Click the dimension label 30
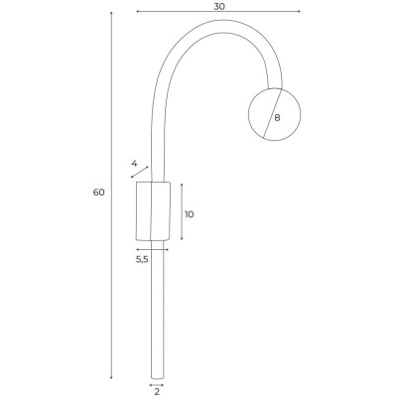[x=219, y=6]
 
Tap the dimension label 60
[x=98, y=193]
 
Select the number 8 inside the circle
[x=277, y=117]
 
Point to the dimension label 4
[x=134, y=163]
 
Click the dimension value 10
[x=190, y=214]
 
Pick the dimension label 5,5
[x=142, y=260]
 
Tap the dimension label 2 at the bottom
[x=157, y=392]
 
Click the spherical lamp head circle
[x=249, y=114]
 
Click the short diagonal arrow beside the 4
[x=140, y=172]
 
